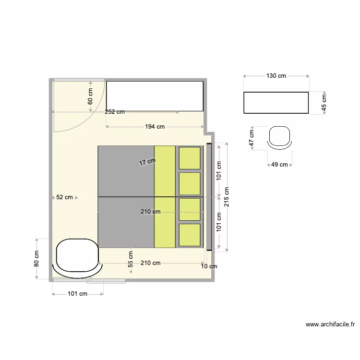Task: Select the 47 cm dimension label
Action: [251, 139]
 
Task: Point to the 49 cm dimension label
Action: [279, 165]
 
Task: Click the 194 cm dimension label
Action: [155, 127]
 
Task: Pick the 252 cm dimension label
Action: [115, 112]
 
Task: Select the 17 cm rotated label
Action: [147, 162]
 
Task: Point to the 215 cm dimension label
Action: [227, 196]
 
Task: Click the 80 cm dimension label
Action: [36, 259]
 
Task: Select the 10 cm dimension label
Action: [209, 266]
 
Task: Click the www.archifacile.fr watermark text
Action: [330, 324]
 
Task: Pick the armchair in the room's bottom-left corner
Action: [77, 257]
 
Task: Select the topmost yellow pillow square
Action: [190, 158]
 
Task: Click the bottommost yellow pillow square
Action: [190, 235]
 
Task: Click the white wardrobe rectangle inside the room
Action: [155, 96]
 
